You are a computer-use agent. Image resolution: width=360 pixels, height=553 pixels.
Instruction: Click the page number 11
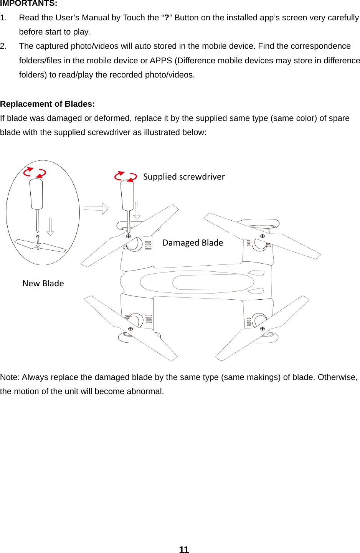(184, 550)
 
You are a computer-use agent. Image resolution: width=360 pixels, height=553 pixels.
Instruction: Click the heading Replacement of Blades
(47, 104)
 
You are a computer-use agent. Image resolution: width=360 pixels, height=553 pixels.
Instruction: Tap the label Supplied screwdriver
(184, 177)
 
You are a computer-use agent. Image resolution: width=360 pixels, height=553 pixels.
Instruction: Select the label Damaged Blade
(193, 243)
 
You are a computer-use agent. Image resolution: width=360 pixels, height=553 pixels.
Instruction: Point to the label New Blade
(43, 284)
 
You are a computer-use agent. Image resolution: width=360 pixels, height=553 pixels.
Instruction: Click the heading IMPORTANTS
(28, 3)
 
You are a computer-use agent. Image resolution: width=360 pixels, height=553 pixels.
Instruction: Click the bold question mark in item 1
(167, 18)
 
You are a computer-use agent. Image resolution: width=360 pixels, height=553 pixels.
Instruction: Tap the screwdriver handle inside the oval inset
(36, 194)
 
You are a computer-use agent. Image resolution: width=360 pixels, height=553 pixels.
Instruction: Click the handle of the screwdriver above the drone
(127, 195)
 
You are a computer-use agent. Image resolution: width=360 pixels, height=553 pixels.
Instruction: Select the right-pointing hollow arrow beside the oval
(96, 208)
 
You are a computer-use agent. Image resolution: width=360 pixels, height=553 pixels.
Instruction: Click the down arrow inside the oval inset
(50, 226)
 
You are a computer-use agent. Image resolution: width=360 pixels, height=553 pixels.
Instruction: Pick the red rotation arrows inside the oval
(35, 173)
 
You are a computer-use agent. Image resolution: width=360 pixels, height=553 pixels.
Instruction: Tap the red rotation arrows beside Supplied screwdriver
(126, 176)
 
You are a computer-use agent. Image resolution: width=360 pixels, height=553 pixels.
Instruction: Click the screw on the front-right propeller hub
(263, 236)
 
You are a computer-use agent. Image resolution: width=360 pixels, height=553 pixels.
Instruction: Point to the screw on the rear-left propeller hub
(130, 329)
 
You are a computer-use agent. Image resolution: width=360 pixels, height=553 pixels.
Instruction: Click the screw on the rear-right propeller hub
(263, 328)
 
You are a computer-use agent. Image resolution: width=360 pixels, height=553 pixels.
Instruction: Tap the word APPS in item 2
(161, 61)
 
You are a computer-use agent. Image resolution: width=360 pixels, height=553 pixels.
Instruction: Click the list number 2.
(3, 46)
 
